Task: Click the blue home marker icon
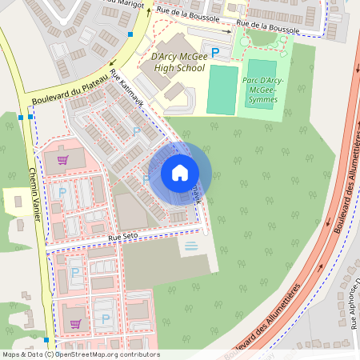tap(180, 172)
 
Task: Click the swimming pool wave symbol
tap(190, 246)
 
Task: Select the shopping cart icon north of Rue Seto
tap(62, 159)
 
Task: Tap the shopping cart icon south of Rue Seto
tap(75, 323)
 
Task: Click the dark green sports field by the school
tap(222, 89)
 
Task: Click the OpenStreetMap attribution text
tap(80, 354)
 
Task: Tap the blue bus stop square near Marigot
tap(130, 34)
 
